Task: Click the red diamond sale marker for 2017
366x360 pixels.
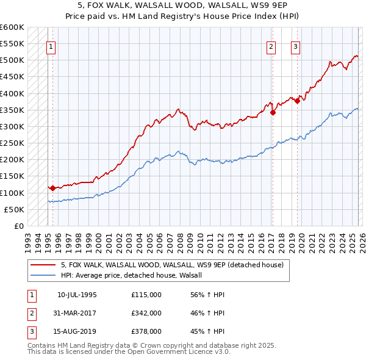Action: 273,112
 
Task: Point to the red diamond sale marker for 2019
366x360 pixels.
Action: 297,101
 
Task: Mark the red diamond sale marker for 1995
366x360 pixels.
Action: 52,188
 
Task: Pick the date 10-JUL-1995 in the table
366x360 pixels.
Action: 77,295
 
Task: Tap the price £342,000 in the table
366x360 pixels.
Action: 146,313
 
